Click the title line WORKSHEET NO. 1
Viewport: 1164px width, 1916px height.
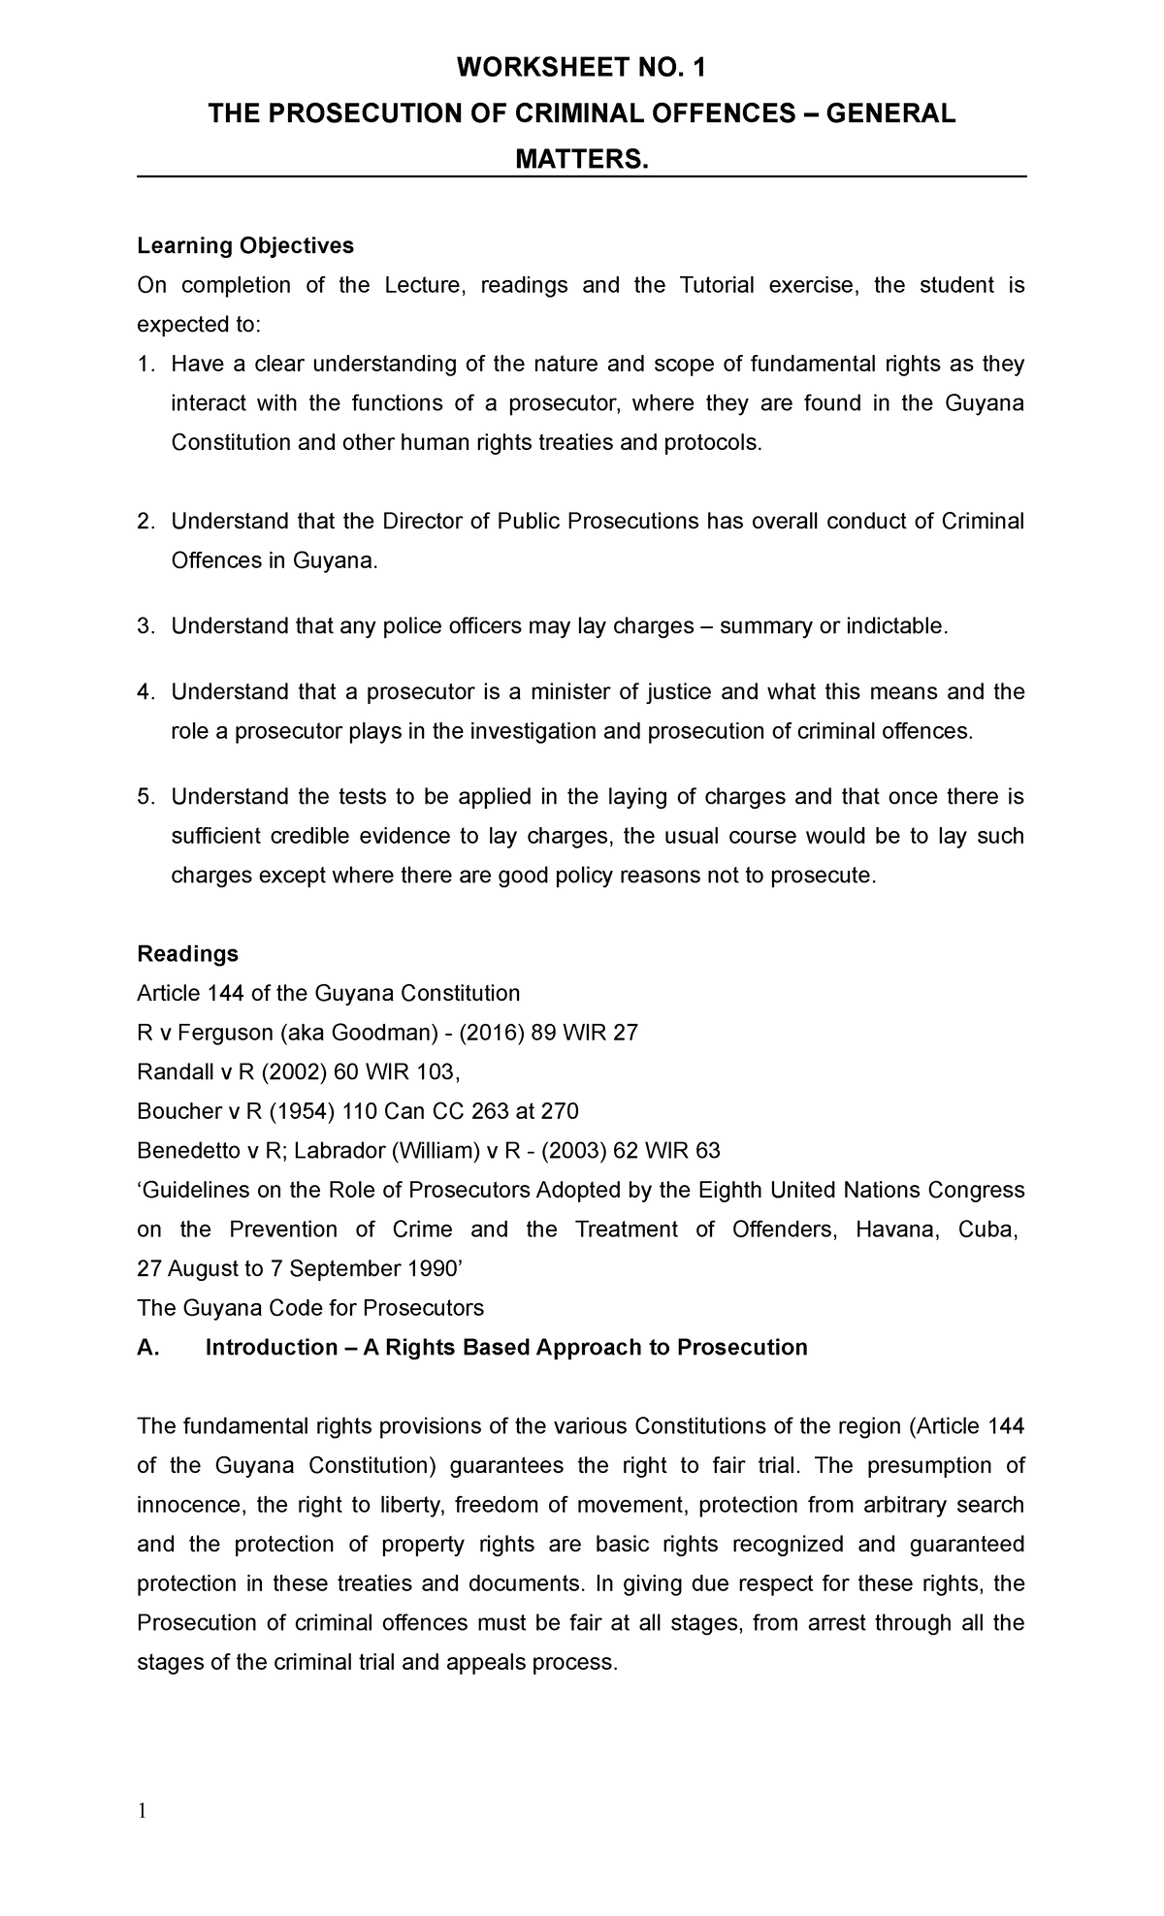click(582, 69)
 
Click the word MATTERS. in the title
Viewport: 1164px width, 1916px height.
click(581, 159)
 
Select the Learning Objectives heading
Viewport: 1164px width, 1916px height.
click(245, 246)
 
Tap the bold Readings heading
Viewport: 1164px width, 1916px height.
click(187, 954)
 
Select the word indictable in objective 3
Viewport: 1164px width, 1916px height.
click(893, 627)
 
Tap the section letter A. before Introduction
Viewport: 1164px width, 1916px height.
click(148, 1348)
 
